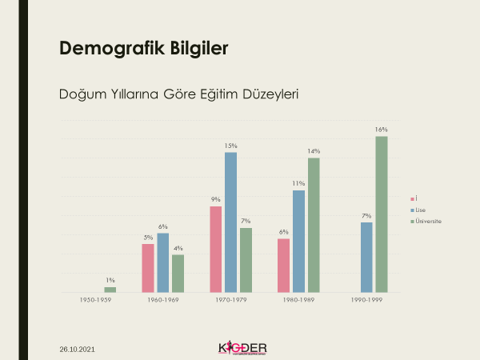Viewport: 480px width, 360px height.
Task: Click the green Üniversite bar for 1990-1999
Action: click(382, 214)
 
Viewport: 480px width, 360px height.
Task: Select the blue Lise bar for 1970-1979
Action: click(230, 222)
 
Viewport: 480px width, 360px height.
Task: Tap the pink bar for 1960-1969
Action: click(148, 268)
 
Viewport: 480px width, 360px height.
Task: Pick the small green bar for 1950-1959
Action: click(110, 290)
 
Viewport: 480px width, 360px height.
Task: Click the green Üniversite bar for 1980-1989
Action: click(314, 225)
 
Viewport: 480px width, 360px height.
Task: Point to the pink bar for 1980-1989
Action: click(283, 266)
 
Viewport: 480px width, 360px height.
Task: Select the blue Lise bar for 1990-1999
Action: click(366, 257)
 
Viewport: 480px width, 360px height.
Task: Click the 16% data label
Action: click(382, 130)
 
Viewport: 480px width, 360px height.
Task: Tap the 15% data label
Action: click(230, 146)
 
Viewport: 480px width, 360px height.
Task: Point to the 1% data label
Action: click(110, 280)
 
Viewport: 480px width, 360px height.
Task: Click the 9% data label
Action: click(215, 199)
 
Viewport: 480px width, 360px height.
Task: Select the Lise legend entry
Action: click(420, 209)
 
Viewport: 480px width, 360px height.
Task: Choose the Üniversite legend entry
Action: click(426, 220)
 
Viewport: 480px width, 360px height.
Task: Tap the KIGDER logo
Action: click(242, 348)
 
